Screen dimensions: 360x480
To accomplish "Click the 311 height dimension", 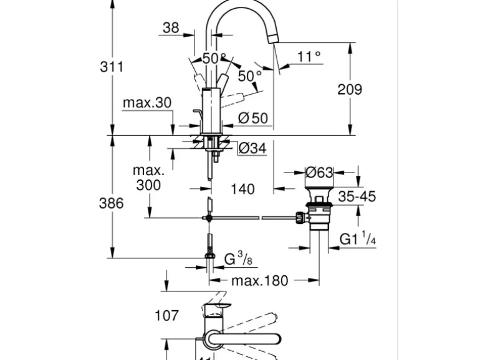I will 112,67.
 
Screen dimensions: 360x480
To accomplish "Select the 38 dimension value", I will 171,27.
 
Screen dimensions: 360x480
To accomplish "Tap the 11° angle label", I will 309,57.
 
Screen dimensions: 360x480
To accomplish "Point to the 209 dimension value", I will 350,89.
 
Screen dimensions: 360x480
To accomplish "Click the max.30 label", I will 147,103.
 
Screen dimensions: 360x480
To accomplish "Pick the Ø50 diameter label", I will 252,117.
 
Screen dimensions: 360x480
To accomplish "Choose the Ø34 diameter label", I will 252,148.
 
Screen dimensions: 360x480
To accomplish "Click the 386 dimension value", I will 112,203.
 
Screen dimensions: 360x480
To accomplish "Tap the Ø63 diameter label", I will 319,173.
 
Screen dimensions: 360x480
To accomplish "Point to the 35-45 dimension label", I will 357,196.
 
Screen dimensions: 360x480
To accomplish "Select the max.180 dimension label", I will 260,281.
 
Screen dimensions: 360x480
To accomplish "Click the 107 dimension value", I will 166,316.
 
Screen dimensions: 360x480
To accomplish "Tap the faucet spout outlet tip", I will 272,39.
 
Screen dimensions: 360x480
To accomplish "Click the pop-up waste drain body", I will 319,212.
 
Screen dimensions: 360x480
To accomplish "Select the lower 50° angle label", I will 249,76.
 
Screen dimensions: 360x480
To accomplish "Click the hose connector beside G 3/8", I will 210,256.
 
